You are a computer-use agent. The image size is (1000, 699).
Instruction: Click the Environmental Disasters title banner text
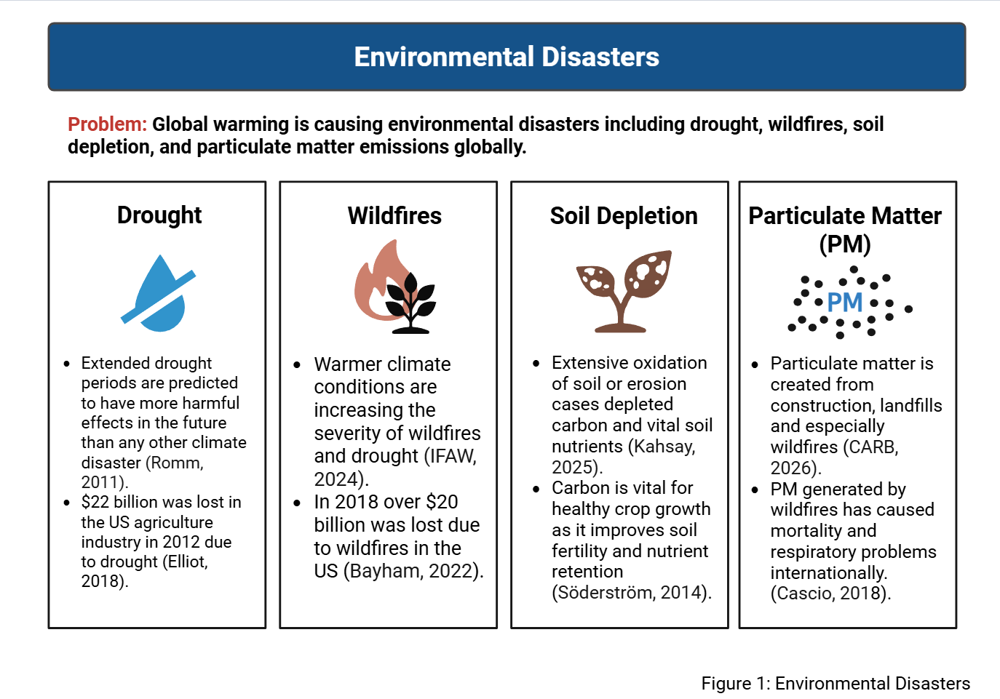tap(507, 57)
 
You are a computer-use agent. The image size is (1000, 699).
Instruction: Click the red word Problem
tap(107, 124)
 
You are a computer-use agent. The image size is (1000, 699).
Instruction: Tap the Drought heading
tap(159, 215)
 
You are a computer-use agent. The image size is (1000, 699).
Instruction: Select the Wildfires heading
tap(394, 216)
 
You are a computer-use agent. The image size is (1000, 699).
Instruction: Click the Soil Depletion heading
tap(624, 216)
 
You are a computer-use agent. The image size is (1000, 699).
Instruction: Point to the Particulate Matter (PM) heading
tap(845, 229)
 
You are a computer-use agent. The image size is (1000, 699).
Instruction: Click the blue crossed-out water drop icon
tap(159, 293)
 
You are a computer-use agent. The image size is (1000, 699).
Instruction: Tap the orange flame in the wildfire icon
tap(379, 280)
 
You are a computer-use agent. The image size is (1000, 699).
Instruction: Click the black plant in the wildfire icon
tap(410, 303)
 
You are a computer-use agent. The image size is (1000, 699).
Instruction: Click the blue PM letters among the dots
tap(845, 303)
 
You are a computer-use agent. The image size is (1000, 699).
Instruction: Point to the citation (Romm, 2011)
tap(143, 472)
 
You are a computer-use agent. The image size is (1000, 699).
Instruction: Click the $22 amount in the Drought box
tap(95, 503)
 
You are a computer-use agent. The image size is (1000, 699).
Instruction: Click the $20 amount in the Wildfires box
tap(442, 502)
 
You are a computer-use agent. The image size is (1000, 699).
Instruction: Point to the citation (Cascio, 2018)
tap(831, 594)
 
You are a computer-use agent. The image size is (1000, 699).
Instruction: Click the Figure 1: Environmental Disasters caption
tap(836, 684)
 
